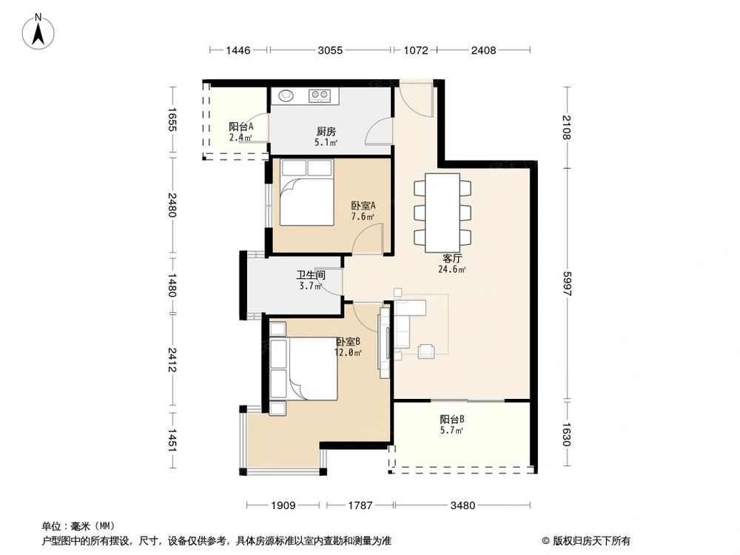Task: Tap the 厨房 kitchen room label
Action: [x=326, y=132]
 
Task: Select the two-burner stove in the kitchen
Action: [x=320, y=95]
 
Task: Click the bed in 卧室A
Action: [x=306, y=193]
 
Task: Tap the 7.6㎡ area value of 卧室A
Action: [x=363, y=218]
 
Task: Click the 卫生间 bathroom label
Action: [x=311, y=275]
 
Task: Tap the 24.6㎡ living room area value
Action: [x=452, y=270]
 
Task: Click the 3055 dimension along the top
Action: [x=330, y=50]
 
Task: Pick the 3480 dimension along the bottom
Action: [x=461, y=505]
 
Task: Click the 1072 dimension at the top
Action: [x=415, y=50]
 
